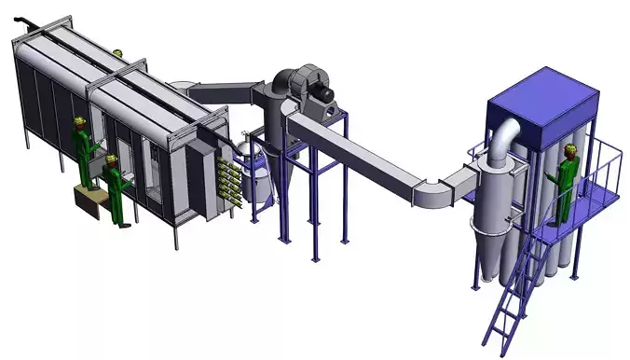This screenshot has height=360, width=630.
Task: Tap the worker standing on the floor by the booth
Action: [116, 190]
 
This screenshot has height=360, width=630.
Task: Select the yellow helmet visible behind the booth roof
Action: [117, 53]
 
